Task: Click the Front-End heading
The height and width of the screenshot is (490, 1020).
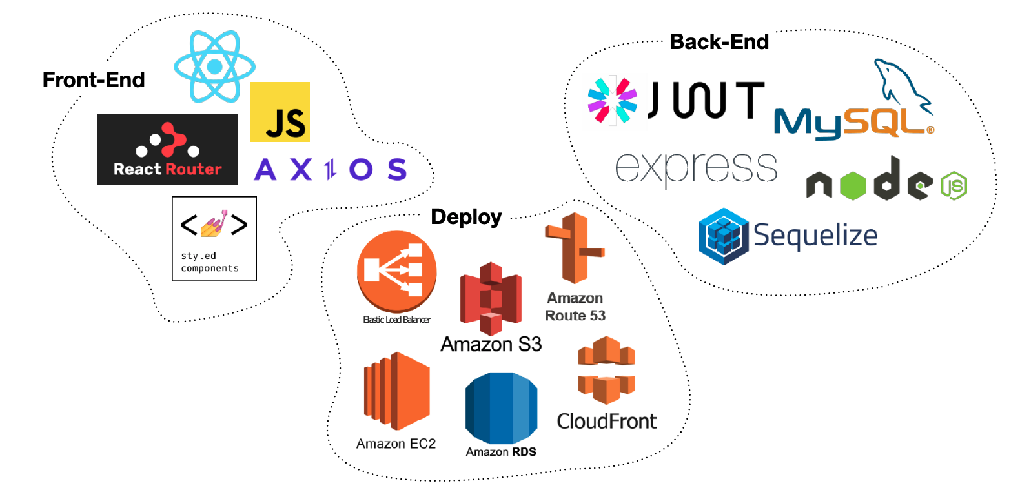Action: (94, 79)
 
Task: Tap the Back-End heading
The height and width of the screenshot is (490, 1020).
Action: (719, 42)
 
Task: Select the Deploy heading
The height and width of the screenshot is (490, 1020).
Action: (466, 217)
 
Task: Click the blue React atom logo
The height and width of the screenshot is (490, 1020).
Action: (214, 66)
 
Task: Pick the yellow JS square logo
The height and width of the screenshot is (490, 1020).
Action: (280, 112)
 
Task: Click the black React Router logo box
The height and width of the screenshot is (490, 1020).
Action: (168, 149)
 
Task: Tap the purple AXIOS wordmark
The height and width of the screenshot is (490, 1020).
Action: (331, 169)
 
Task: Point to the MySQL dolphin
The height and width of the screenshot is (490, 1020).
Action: (903, 86)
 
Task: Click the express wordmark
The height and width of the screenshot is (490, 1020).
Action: (696, 169)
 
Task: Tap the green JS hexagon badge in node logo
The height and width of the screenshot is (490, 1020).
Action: (954, 186)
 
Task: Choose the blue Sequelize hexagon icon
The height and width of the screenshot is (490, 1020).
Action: (724, 236)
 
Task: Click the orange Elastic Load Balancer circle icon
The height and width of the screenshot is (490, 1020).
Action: (396, 271)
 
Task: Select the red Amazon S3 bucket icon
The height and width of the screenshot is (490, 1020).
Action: (491, 298)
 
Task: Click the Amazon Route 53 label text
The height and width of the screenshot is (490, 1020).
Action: (575, 307)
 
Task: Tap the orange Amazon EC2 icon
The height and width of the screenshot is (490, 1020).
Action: (396, 391)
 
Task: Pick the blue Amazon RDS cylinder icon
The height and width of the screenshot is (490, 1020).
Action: (502, 408)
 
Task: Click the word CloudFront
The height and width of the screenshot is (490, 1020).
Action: (607, 421)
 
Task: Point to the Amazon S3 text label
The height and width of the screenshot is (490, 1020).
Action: (491, 344)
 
